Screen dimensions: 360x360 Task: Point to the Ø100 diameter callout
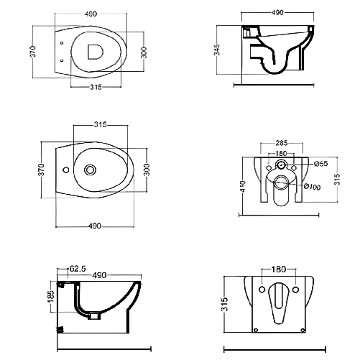[x=313, y=187]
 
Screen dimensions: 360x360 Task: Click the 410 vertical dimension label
[x=243, y=186]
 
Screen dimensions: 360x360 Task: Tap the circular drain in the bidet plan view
[x=90, y=170]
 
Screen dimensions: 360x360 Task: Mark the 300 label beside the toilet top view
[x=144, y=52]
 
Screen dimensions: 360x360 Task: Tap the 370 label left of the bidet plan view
[x=41, y=170]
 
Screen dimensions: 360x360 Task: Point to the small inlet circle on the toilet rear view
[x=280, y=165]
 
